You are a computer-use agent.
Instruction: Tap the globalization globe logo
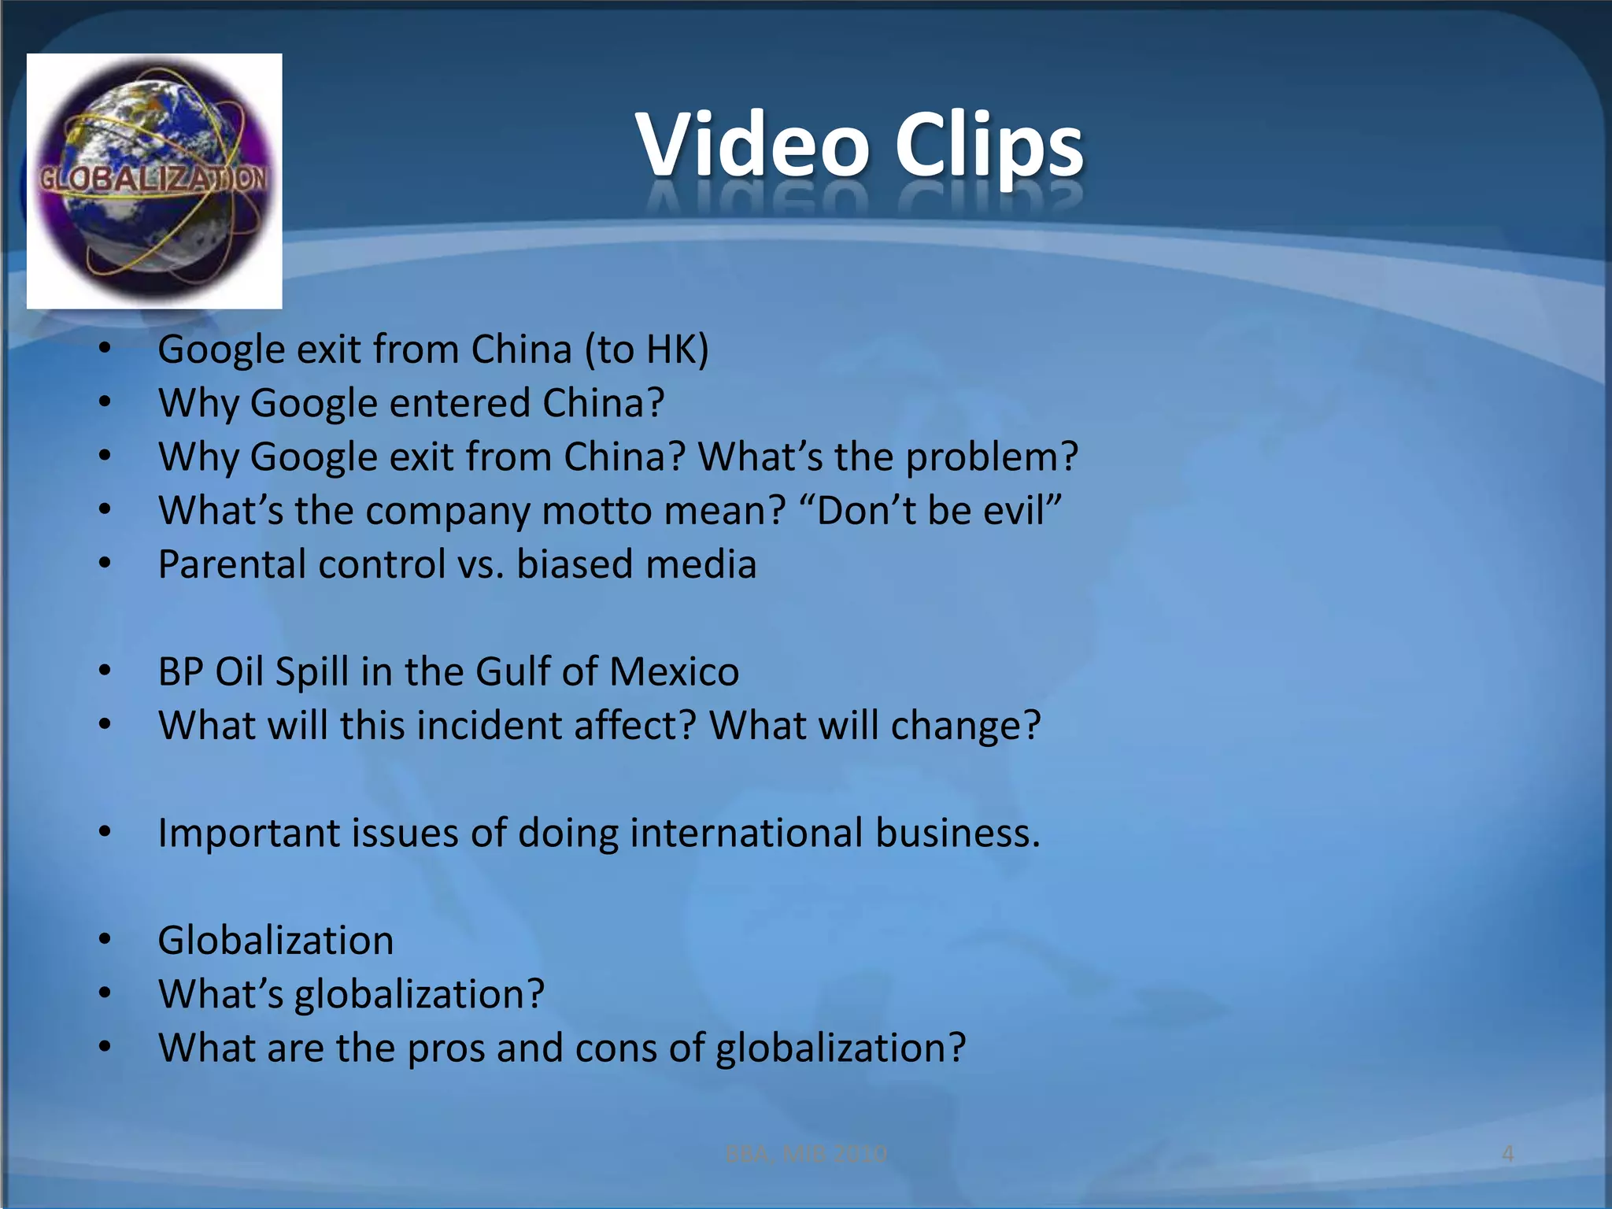click(154, 181)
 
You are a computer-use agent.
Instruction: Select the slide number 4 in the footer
click(1507, 1154)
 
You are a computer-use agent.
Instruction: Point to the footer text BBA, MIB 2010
click(805, 1154)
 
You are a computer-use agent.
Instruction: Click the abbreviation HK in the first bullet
click(671, 349)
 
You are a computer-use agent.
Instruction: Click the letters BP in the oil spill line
click(180, 672)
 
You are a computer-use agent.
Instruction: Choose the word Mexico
click(673, 672)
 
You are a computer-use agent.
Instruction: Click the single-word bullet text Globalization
click(275, 941)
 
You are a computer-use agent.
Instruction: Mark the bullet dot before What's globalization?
click(105, 993)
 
